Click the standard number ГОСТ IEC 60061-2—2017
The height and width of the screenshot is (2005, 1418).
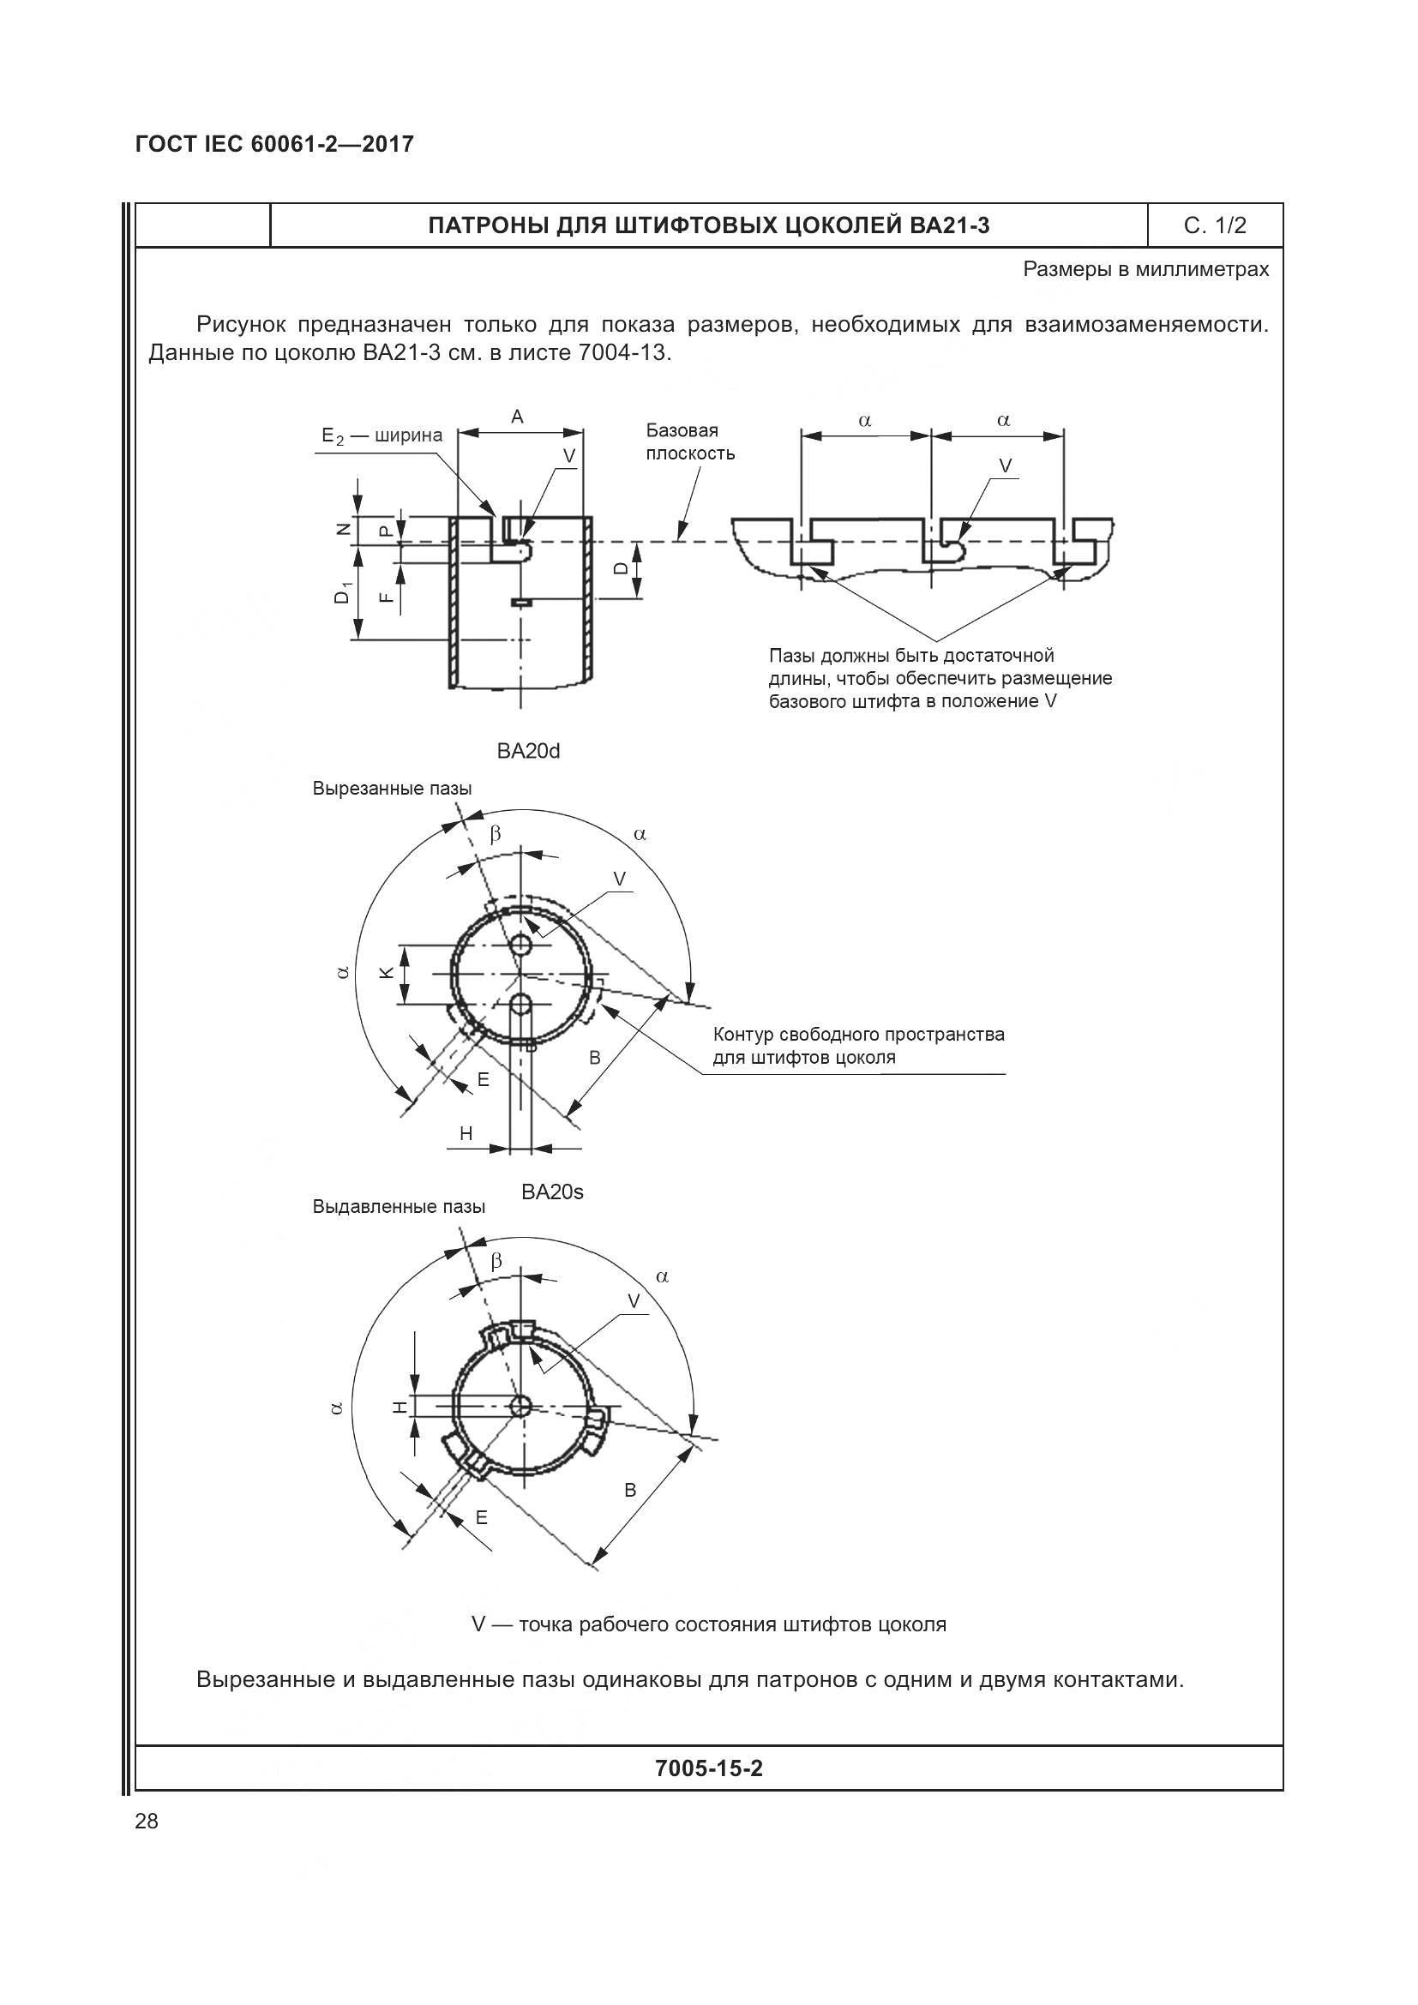(274, 144)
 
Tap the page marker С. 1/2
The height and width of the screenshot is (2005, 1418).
(1215, 226)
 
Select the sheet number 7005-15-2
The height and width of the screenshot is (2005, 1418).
(708, 1768)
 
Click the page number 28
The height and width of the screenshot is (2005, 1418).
(147, 1821)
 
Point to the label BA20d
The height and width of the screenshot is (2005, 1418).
(528, 751)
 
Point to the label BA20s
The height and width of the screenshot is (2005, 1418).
(552, 1192)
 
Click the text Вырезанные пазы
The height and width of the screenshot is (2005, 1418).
(392, 789)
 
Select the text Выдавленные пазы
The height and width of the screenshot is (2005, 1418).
(399, 1207)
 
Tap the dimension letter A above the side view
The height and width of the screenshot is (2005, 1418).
(517, 417)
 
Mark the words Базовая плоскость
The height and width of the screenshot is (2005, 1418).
(690, 441)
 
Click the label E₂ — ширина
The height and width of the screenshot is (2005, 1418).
(382, 435)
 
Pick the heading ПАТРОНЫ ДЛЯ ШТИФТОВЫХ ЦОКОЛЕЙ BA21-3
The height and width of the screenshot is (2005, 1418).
(708, 226)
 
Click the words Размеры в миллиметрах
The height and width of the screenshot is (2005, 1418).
(1145, 270)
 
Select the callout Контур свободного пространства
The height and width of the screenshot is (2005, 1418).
(858, 1035)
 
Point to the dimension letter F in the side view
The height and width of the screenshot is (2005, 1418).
(385, 597)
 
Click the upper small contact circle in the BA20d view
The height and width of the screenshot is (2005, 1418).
(522, 945)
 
